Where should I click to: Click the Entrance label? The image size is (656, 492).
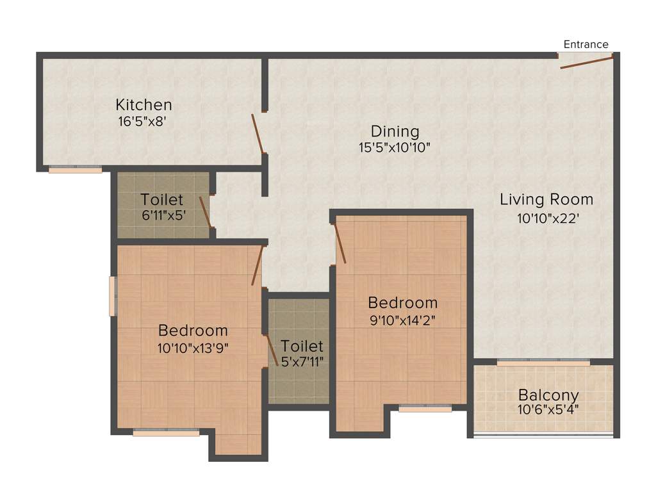(586, 44)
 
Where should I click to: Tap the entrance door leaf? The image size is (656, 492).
(586, 61)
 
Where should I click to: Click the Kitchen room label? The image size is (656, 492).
(143, 104)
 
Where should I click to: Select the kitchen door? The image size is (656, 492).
(258, 134)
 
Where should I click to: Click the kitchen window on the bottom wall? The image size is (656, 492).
(76, 170)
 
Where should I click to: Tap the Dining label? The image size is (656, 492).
(394, 131)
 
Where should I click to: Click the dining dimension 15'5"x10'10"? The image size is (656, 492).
(394, 147)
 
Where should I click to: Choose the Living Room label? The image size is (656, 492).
(546, 199)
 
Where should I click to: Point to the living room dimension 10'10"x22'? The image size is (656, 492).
(548, 218)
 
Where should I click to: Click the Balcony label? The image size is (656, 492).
(548, 395)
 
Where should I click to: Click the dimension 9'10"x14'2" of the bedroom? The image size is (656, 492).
(402, 320)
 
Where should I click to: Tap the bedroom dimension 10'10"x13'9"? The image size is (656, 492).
(193, 348)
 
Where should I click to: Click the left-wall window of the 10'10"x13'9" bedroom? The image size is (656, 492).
(112, 296)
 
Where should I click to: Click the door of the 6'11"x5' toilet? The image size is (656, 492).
(205, 212)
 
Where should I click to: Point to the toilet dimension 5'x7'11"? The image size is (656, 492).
(302, 361)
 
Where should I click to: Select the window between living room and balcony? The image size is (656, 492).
(543, 363)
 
